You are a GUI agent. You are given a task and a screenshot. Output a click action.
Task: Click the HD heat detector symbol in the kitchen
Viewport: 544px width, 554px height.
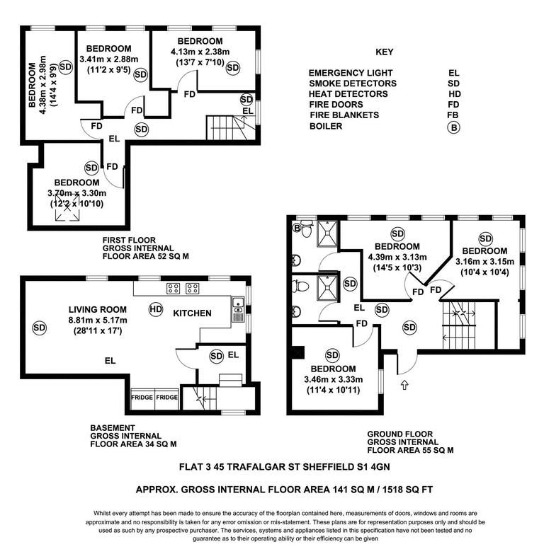click(x=155, y=308)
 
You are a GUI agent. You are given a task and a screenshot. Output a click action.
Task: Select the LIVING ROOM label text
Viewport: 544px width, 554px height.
click(x=98, y=309)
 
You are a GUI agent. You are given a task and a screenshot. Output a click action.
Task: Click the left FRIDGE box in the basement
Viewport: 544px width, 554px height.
click(x=142, y=398)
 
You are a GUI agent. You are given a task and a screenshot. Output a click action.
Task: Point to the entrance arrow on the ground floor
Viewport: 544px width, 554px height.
click(x=404, y=386)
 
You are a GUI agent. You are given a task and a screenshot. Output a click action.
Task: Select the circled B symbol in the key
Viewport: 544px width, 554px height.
click(x=451, y=127)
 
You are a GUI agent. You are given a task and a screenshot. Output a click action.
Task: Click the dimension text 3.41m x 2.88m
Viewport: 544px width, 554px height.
click(x=109, y=59)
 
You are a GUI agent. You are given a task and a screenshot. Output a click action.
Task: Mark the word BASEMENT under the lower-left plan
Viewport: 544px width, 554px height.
click(x=112, y=428)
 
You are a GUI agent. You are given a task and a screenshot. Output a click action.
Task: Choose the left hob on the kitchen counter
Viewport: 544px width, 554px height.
click(x=172, y=289)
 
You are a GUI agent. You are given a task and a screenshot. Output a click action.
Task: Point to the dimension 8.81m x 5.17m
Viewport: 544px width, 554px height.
click(x=98, y=320)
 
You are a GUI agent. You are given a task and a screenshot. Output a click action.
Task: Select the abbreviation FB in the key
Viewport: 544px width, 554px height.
click(x=454, y=115)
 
